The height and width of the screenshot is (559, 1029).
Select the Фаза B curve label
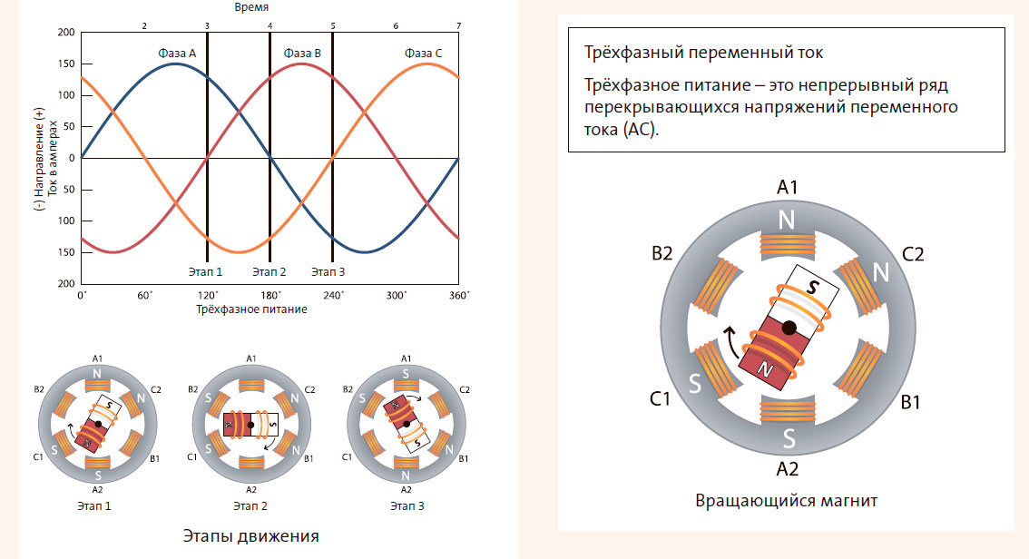302,54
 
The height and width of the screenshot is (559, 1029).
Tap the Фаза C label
423,54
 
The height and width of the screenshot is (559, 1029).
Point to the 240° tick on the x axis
333,296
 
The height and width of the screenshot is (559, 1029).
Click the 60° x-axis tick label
144,296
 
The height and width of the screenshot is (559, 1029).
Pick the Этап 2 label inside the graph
269,271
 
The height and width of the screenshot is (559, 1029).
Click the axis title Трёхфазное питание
250,309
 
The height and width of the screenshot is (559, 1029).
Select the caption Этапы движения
250,535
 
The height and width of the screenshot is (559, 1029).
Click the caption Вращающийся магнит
787,500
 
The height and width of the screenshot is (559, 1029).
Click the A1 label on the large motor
787,188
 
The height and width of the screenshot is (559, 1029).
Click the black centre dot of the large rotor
789,326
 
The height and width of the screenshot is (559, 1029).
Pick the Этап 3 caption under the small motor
405,505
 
